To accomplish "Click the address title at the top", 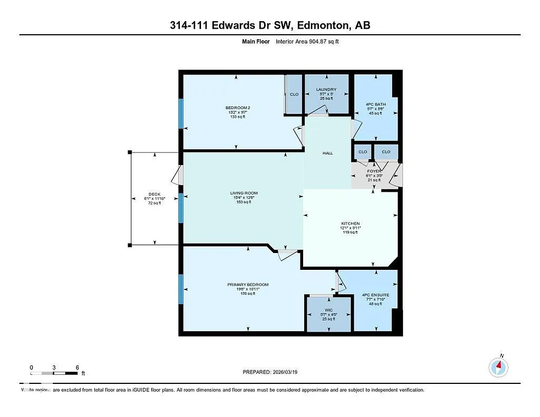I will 270,26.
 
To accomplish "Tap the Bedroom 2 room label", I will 238,108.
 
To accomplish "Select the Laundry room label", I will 326,90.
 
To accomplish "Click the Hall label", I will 328,153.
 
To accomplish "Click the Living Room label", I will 243,193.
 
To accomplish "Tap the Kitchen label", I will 350,224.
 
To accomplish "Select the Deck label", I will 155,194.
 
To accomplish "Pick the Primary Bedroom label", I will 248,285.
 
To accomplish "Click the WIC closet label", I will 329,310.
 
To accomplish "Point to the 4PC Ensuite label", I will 375,295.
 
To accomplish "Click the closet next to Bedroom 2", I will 294,94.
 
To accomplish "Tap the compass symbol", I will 498,368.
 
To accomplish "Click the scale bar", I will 55,372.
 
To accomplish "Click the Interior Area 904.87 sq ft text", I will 309,41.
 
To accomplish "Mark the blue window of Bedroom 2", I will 181,113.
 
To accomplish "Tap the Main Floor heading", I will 252,41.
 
